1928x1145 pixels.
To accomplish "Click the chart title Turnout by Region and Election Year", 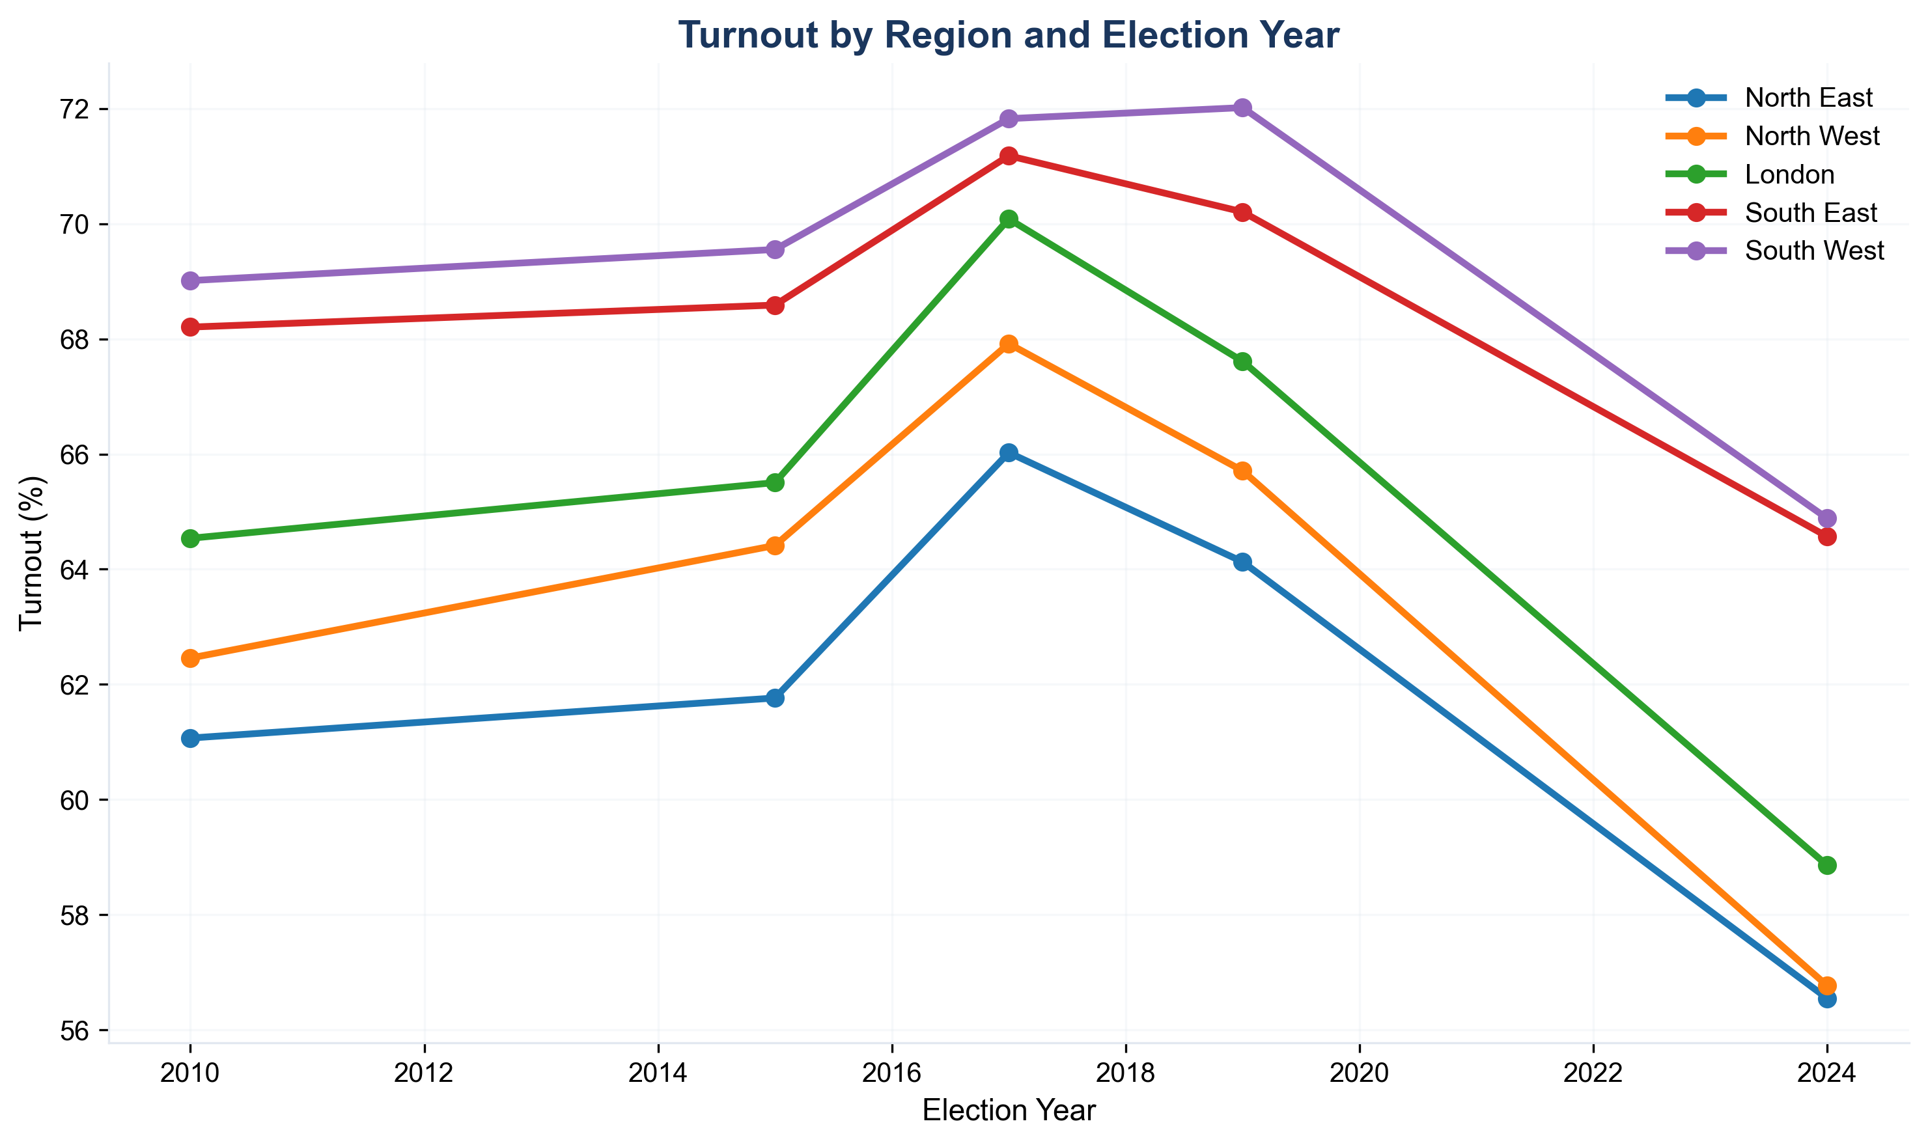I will [x=1008, y=36].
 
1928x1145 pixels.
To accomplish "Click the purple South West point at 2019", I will [x=1242, y=107].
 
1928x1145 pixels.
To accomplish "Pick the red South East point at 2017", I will [x=1008, y=156].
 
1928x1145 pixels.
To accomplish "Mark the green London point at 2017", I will [x=1008, y=219].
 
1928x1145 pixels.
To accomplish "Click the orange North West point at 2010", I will [x=191, y=658].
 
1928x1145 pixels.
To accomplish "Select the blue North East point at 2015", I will [x=775, y=698].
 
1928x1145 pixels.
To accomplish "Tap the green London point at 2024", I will [x=1827, y=865].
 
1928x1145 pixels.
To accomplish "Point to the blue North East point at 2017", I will [x=1008, y=452].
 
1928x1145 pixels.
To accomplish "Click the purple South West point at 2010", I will [x=191, y=280].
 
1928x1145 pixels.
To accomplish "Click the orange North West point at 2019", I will [x=1242, y=471].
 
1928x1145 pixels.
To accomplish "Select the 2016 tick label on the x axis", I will [x=891, y=1073].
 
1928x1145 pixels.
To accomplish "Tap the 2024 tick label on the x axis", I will [x=1827, y=1073].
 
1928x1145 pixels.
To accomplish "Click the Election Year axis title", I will [x=1008, y=1111].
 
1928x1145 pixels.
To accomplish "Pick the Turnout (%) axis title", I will [x=32, y=553].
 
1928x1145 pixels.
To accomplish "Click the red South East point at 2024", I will [x=1827, y=536].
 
